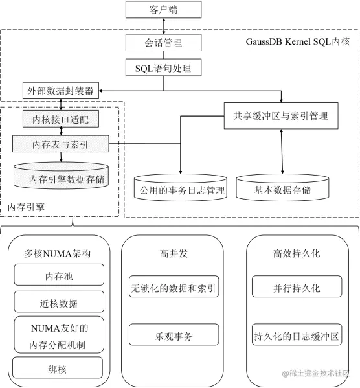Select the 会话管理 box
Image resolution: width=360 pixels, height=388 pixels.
tap(163, 43)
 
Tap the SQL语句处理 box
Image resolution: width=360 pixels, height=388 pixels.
tap(163, 67)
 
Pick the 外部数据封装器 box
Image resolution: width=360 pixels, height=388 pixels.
tap(61, 90)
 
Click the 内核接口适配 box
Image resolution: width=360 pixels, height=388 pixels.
tap(61, 119)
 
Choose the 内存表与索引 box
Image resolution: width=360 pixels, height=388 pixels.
tap(61, 144)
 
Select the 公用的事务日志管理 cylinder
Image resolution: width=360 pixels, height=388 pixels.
tap(178, 190)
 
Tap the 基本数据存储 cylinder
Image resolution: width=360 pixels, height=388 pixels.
tap(282, 190)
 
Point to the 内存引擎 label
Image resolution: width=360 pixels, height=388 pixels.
tap(26, 207)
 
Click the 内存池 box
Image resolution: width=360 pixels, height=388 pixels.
tap(58, 277)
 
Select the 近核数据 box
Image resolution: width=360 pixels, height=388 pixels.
tap(58, 302)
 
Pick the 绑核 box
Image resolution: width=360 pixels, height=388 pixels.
tap(58, 369)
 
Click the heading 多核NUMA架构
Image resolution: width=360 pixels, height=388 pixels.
tap(58, 253)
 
